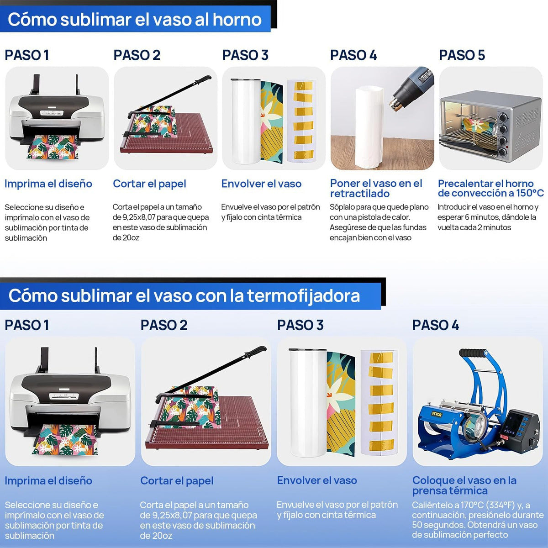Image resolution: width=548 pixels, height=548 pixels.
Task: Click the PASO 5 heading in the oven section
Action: pos(462,55)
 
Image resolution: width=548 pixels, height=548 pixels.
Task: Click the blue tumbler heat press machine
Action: pos(475,411)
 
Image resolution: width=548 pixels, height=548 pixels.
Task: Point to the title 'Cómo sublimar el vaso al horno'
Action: pos(135,20)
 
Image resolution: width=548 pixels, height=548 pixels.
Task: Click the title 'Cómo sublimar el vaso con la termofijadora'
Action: pos(184,296)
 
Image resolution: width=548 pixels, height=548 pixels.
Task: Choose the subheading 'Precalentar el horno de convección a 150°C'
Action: pos(490,188)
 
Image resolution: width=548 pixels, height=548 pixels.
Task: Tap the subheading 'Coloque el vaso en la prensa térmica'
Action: pos(464,485)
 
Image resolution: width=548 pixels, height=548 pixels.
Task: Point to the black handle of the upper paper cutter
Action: pos(201,80)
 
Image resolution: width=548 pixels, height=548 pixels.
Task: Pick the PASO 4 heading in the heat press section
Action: pos(435,325)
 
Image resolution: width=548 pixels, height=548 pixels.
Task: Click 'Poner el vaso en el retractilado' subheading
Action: pos(376,188)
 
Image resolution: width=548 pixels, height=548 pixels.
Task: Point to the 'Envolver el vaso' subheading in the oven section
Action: pos(261,184)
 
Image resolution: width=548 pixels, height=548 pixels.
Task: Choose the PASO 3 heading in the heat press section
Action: pos(300,325)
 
